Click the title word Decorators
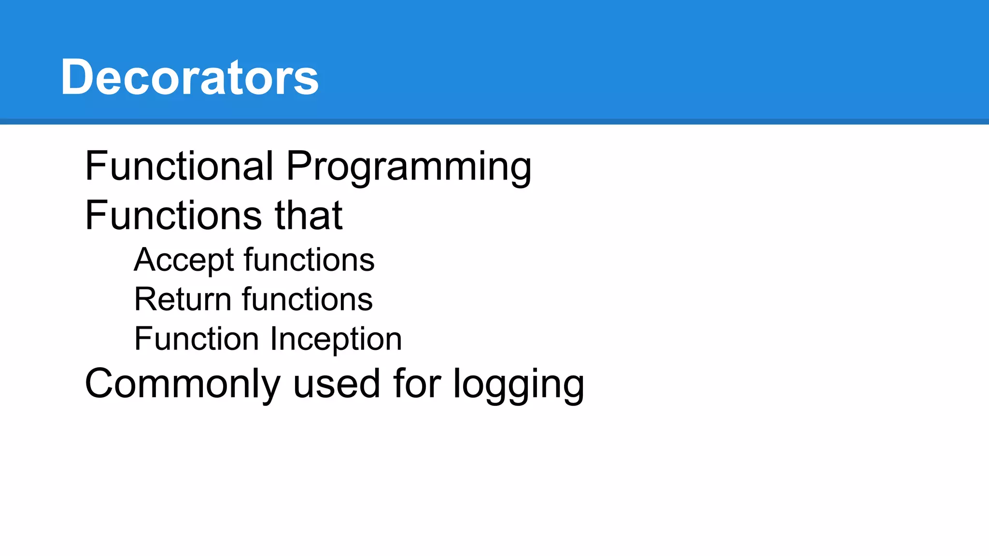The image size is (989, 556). click(x=189, y=77)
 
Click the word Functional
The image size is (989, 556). click(x=179, y=166)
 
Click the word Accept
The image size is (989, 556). click(x=184, y=261)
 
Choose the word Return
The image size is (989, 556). click(x=183, y=299)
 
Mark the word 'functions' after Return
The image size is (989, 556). click(x=308, y=299)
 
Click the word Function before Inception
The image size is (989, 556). click(x=197, y=339)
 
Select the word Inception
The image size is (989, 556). click(x=336, y=340)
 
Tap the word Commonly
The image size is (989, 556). click(x=183, y=384)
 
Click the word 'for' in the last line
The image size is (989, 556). click(x=417, y=384)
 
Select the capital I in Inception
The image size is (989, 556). click(x=274, y=339)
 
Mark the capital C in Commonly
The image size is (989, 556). click(x=99, y=384)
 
